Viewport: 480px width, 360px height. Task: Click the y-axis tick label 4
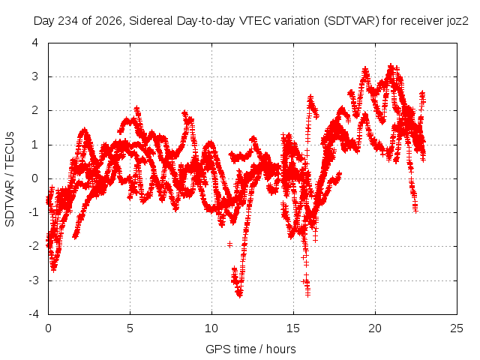35,43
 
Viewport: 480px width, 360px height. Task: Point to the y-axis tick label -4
34,314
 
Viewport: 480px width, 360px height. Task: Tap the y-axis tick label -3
34,280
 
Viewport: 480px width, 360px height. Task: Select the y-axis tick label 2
35,110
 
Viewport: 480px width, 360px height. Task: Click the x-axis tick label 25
457,328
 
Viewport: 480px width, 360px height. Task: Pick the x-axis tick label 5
130,328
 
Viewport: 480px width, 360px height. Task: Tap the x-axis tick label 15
293,328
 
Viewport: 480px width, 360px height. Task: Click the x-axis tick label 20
375,328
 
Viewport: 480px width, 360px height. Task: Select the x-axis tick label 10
211,328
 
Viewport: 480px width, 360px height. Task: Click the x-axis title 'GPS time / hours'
250,349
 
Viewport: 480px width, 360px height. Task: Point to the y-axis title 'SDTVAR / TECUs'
10,179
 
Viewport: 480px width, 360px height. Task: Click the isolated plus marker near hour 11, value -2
229,244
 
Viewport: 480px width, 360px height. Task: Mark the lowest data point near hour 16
307,295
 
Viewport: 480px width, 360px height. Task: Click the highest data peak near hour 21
391,66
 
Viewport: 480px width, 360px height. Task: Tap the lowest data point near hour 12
240,295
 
